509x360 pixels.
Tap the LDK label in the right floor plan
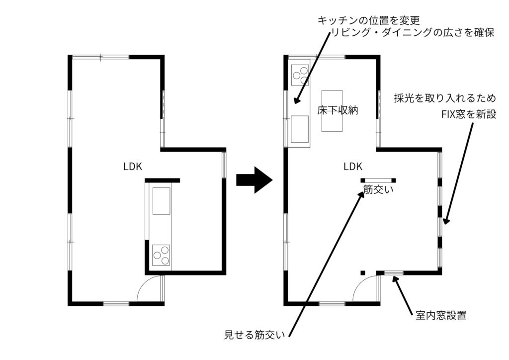click(x=353, y=167)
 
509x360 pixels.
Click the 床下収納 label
click(x=338, y=110)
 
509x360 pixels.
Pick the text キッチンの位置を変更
click(x=369, y=20)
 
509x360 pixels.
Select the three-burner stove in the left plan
click(x=161, y=255)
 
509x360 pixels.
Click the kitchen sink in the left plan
click(x=161, y=201)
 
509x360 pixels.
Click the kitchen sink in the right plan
click(x=300, y=128)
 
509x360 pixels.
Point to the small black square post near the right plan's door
click(x=363, y=272)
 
